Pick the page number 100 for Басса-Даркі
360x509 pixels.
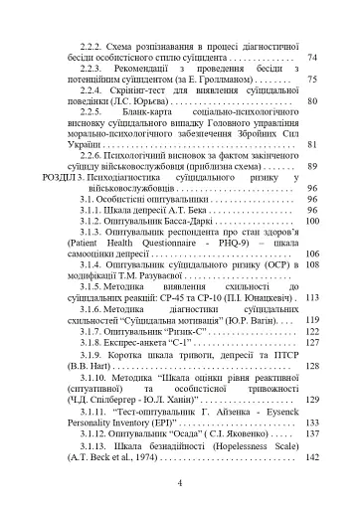point(310,222)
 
